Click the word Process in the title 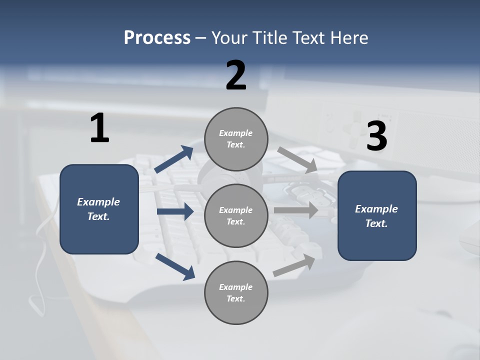[x=157, y=38]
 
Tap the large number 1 [x=99, y=128]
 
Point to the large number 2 [x=236, y=75]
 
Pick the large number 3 [x=376, y=136]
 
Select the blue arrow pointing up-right [x=174, y=159]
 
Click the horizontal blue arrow [x=175, y=211]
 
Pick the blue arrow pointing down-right [x=175, y=266]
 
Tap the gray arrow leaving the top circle [x=297, y=160]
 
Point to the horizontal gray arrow [x=296, y=210]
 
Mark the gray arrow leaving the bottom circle [x=294, y=265]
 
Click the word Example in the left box [x=98, y=202]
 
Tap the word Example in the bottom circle [x=236, y=287]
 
